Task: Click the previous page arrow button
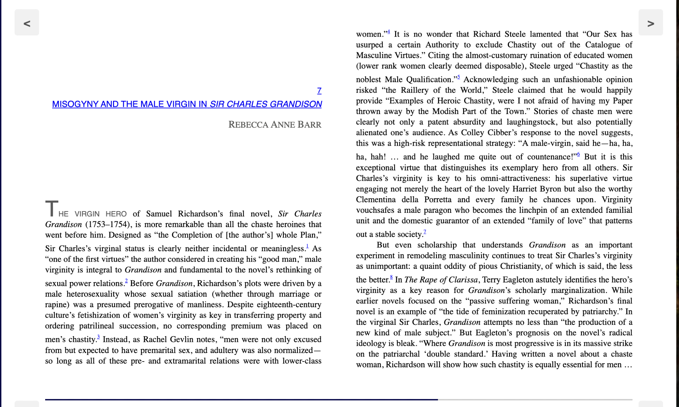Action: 27,23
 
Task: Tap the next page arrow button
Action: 650,23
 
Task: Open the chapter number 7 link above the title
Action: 319,91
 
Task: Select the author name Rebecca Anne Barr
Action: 275,125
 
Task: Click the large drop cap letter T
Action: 52,208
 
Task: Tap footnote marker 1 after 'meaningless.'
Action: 307,246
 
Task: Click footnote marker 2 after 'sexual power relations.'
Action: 126,281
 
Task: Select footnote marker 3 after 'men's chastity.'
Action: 98,337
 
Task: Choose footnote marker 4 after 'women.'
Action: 389,32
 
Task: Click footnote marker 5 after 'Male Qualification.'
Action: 459,77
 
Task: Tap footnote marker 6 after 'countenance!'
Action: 579,154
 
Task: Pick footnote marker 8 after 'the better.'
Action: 391,277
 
